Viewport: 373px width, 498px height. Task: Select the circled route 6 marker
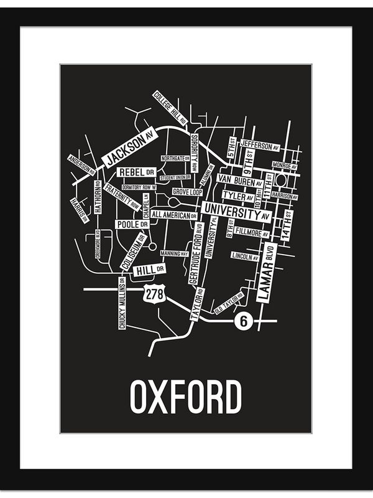pyautogui.click(x=243, y=322)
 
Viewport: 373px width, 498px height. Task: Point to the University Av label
pyautogui.click(x=237, y=212)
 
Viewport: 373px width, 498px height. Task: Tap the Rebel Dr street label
pyautogui.click(x=136, y=172)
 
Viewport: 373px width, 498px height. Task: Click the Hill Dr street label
pyautogui.click(x=150, y=269)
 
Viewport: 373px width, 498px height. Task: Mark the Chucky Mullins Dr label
pyautogui.click(x=122, y=303)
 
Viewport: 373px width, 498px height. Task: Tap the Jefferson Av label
pyautogui.click(x=260, y=146)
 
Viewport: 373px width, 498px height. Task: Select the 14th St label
pyautogui.click(x=288, y=227)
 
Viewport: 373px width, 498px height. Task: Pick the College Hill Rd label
pyautogui.click(x=170, y=108)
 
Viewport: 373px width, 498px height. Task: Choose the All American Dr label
pyautogui.click(x=174, y=215)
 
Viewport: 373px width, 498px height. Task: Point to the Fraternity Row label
pyautogui.click(x=122, y=196)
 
